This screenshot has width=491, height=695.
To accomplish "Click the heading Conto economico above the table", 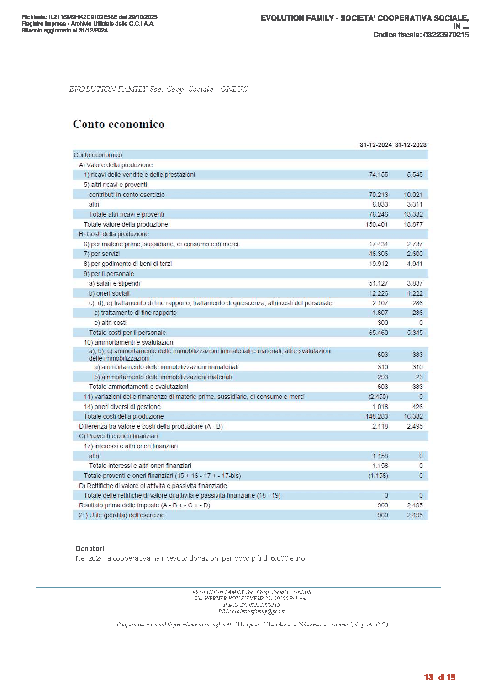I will pyautogui.click(x=118, y=124).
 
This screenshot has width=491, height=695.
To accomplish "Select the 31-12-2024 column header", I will pyautogui.click(x=375, y=145).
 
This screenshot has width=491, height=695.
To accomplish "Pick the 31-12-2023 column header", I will pyautogui.click(x=411, y=145).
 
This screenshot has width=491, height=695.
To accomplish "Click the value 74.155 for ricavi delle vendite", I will pyautogui.click(x=378, y=175).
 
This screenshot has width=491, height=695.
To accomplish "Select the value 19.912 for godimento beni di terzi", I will pyautogui.click(x=378, y=264).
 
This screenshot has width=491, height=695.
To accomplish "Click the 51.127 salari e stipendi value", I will pyautogui.click(x=378, y=283).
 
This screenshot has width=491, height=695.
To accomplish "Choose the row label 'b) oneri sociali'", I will pyautogui.click(x=109, y=293).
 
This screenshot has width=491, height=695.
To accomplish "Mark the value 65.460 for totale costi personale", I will pyautogui.click(x=378, y=333).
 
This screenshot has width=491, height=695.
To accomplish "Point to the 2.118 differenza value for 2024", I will pyautogui.click(x=380, y=426).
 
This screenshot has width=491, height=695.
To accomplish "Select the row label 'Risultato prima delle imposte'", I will pyautogui.click(x=144, y=505).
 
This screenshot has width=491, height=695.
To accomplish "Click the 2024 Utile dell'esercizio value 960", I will pyautogui.click(x=383, y=515).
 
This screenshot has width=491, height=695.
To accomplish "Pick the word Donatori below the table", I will pyautogui.click(x=90, y=549).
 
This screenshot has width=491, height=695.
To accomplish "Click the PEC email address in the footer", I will pyautogui.click(x=258, y=611).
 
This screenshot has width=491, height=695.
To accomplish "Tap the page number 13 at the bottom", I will pyautogui.click(x=428, y=677).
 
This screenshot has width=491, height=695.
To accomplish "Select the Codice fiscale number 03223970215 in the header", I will pyautogui.click(x=446, y=35).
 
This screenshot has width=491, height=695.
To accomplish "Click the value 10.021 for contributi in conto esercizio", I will pyautogui.click(x=413, y=195).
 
